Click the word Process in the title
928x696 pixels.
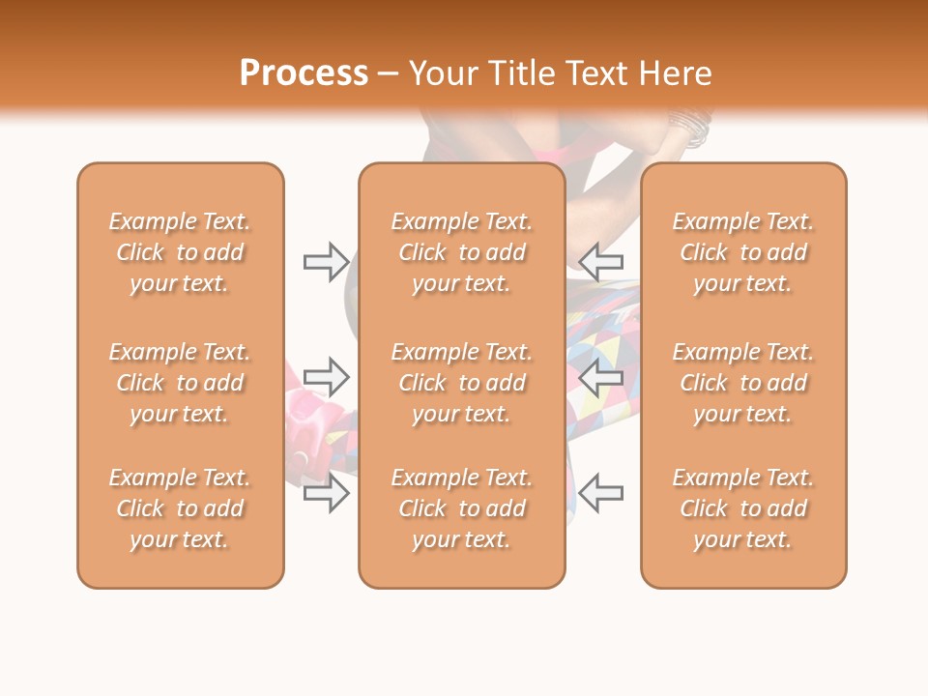tap(304, 73)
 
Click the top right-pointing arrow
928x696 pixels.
tap(326, 261)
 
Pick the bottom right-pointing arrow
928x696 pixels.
tap(326, 493)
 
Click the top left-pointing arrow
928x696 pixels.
tap(601, 261)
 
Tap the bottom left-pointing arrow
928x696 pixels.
tap(601, 493)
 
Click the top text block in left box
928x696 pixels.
tap(180, 252)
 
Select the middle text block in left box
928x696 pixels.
tap(180, 383)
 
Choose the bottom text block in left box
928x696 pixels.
tap(180, 508)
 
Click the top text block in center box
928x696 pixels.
tap(462, 252)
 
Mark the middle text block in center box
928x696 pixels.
tap(462, 383)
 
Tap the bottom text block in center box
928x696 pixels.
tap(462, 508)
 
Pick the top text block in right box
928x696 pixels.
tap(743, 252)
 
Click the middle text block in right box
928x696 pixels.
tap(743, 383)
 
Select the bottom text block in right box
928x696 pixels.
tap(743, 508)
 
